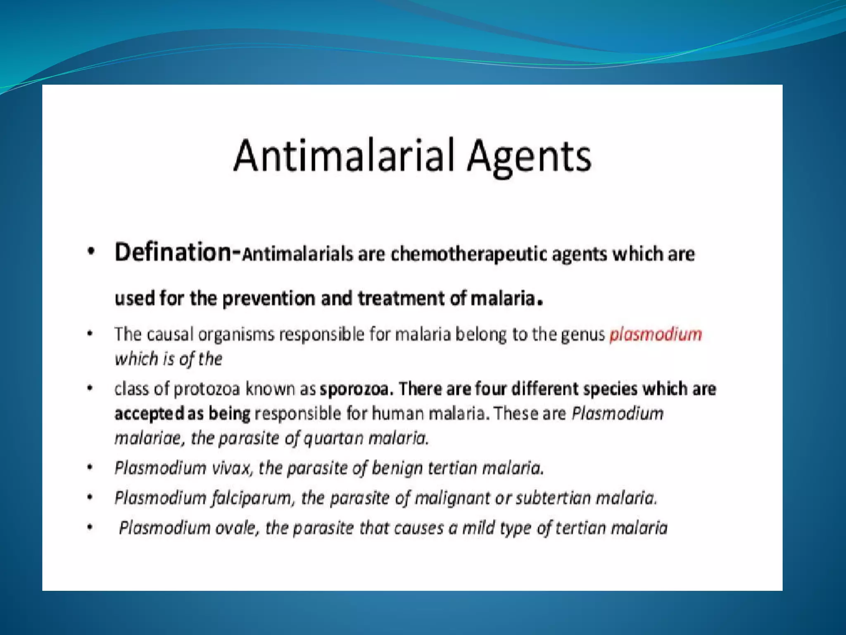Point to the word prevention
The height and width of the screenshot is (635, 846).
pyautogui.click(x=269, y=298)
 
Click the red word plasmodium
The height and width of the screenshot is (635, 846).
pyautogui.click(x=656, y=334)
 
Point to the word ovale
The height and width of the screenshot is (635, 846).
pyautogui.click(x=237, y=528)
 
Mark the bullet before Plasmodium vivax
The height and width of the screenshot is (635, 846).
pyautogui.click(x=90, y=468)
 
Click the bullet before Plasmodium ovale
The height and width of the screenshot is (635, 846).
pyautogui.click(x=90, y=528)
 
